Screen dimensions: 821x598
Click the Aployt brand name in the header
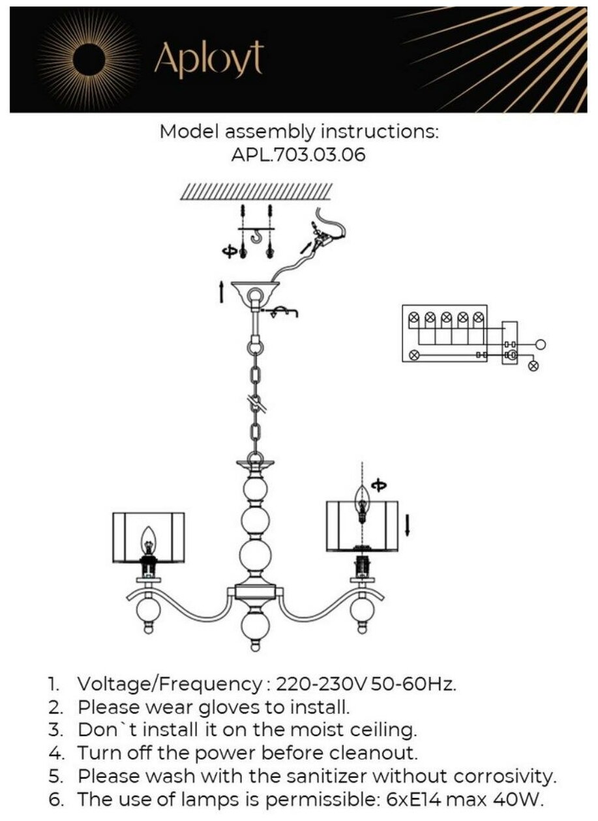pyautogui.click(x=209, y=60)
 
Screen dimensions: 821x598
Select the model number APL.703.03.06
pyautogui.click(x=299, y=156)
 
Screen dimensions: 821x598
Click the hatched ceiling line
pyautogui.click(x=256, y=191)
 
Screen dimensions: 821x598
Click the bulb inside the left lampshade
pyautogui.click(x=149, y=540)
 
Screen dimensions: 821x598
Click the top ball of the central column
pyautogui.click(x=255, y=491)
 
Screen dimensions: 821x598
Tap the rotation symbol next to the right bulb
pyautogui.click(x=379, y=485)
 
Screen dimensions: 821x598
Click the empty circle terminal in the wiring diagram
pyautogui.click(x=541, y=345)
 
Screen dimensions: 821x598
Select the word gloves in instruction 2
pyautogui.click(x=215, y=708)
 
